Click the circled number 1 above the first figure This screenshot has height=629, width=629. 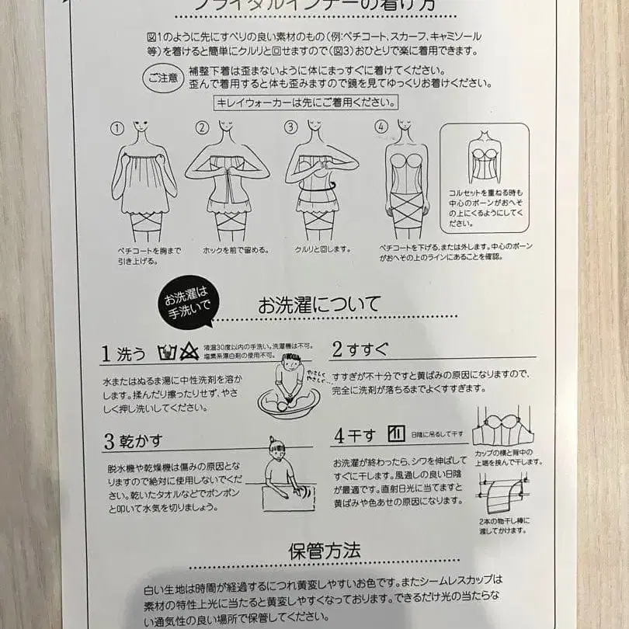[x=117, y=127]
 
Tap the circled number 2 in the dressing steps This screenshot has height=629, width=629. [x=203, y=127]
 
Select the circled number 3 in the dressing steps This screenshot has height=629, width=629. [x=290, y=127]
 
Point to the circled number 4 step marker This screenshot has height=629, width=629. [x=381, y=127]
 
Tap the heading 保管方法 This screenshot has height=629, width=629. [x=324, y=551]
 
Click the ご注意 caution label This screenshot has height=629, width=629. [x=160, y=77]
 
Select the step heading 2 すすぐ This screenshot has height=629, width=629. [x=360, y=349]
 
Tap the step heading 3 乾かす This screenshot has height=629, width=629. [x=133, y=441]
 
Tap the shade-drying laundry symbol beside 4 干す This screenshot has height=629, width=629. [x=396, y=433]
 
